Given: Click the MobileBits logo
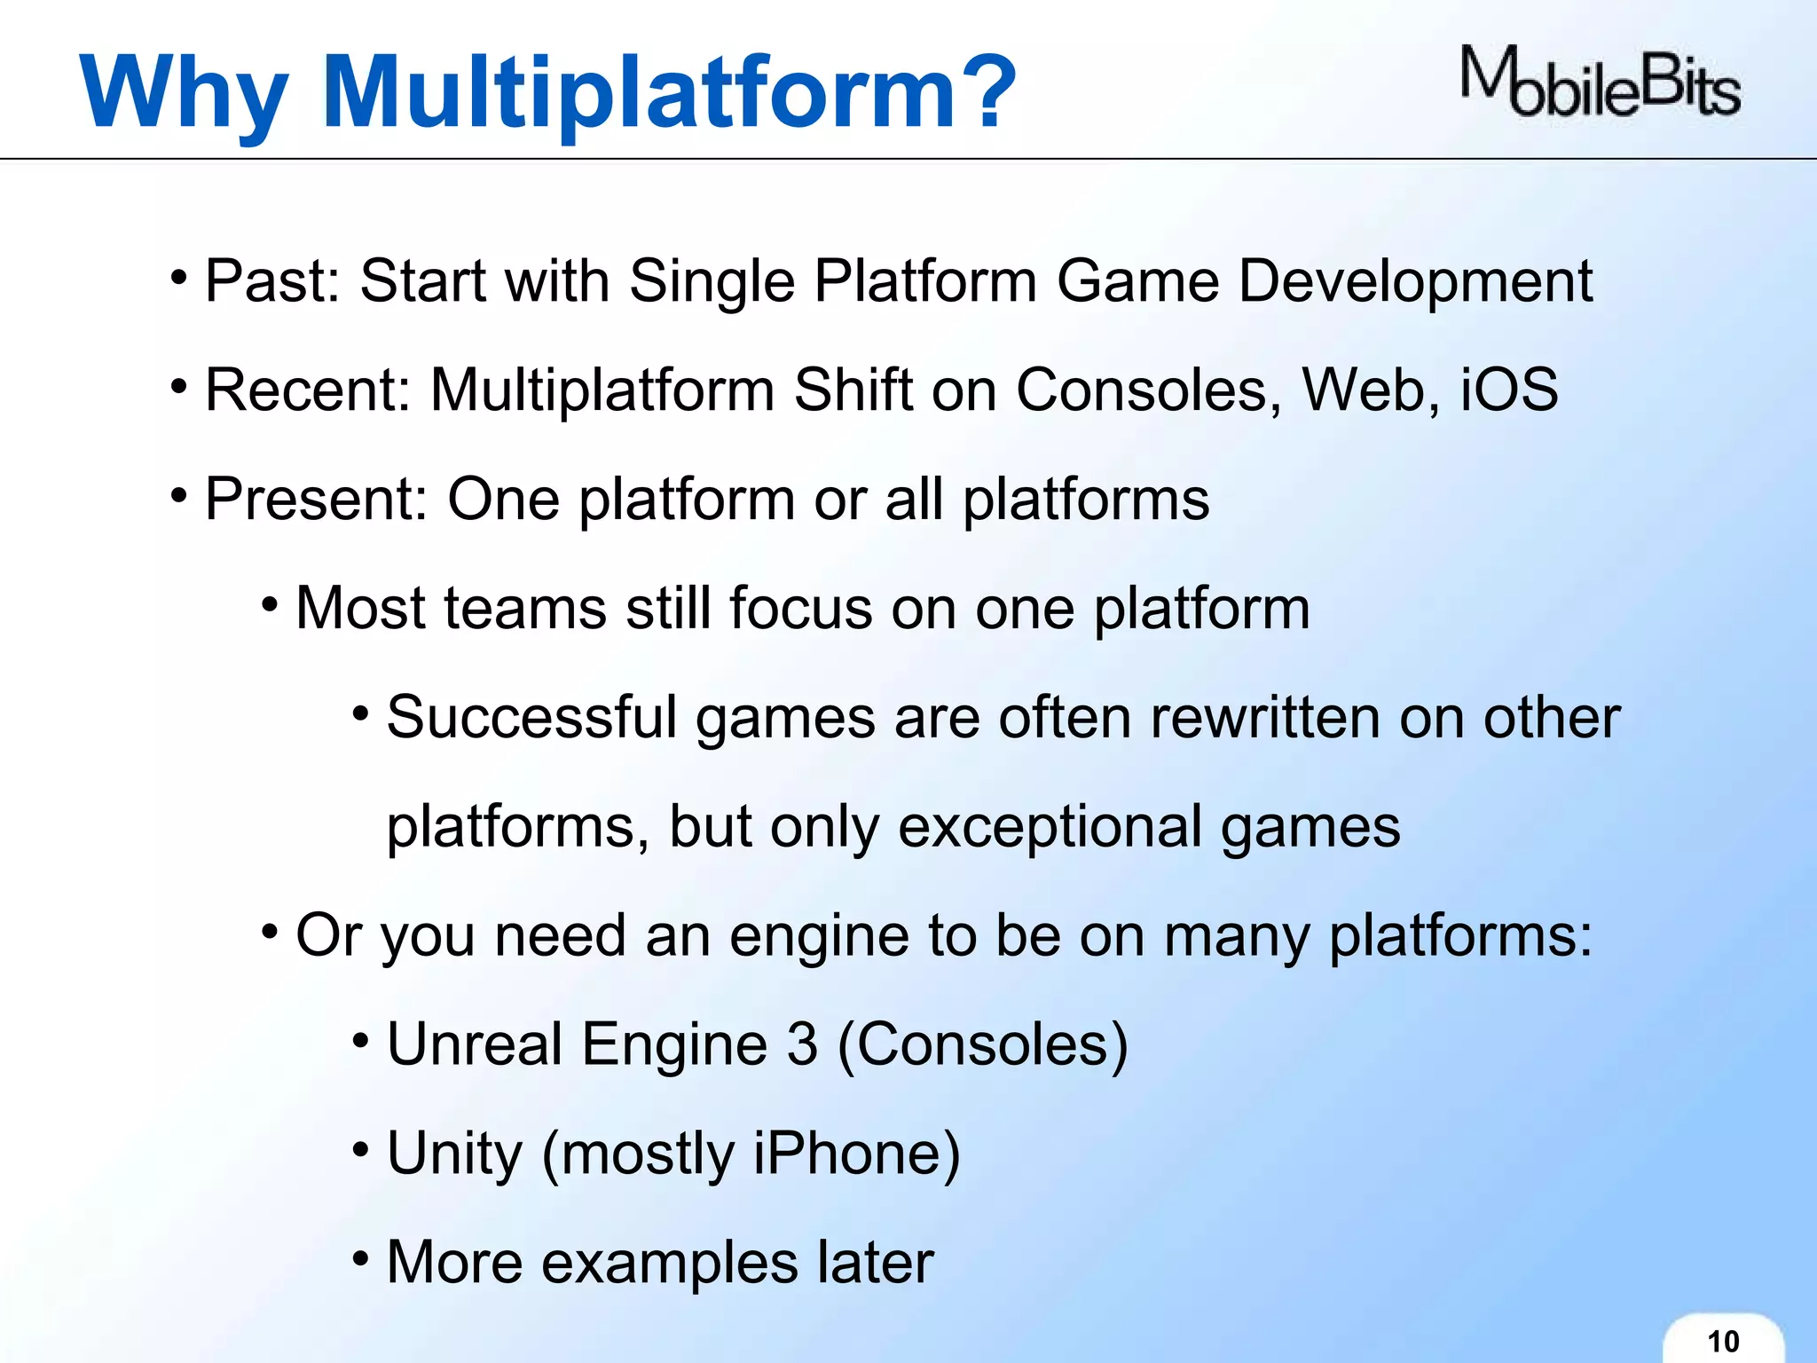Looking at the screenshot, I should pyautogui.click(x=1600, y=83).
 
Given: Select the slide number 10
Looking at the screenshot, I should pyautogui.click(x=1723, y=1341).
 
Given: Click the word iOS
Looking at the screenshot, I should pyautogui.click(x=1508, y=390).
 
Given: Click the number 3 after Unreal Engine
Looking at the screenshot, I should pyautogui.click(x=801, y=1044).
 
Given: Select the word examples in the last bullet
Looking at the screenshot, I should pyautogui.click(x=669, y=1263).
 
